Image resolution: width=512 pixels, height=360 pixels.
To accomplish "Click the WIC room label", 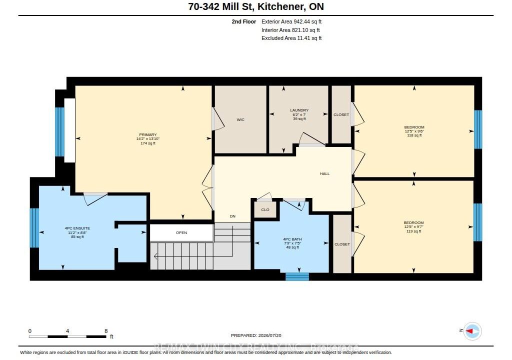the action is coord(240,119).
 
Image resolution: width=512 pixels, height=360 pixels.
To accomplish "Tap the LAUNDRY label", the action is coord(299,110).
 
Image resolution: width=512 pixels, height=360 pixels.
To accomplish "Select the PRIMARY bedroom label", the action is coord(148,134).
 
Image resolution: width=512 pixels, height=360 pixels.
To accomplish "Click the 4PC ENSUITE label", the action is coord(77,228).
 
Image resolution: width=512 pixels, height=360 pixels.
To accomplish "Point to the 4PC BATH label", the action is coord(292,239).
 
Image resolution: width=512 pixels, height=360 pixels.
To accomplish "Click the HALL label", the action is coord(324,174).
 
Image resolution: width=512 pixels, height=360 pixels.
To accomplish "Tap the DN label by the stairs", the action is coord(232,216).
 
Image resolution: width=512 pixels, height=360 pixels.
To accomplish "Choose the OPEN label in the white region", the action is coord(181,232).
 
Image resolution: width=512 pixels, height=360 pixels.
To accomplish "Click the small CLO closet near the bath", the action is coord(265,209).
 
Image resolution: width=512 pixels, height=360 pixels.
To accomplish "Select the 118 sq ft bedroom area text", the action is coord(414,135).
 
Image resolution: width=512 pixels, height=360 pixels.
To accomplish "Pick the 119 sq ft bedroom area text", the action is coord(413,231).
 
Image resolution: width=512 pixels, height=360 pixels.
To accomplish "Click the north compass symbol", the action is coord(472,331).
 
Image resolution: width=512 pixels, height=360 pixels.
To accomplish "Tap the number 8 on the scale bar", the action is coord(106,331).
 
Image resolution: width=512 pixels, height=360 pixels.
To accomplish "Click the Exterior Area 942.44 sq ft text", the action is coord(291,21).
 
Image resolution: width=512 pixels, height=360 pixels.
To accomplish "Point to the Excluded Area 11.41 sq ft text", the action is coord(291,38).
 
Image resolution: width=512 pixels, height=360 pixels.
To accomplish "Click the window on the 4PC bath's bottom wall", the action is coord(297,276).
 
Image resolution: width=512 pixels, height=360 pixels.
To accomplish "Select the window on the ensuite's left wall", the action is coord(34,227).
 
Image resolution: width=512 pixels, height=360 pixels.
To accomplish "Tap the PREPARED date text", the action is coord(256,335).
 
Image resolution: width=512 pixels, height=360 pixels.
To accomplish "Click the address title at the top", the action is coord(256,7).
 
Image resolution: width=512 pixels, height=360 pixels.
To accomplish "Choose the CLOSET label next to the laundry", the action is coord(341,114).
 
